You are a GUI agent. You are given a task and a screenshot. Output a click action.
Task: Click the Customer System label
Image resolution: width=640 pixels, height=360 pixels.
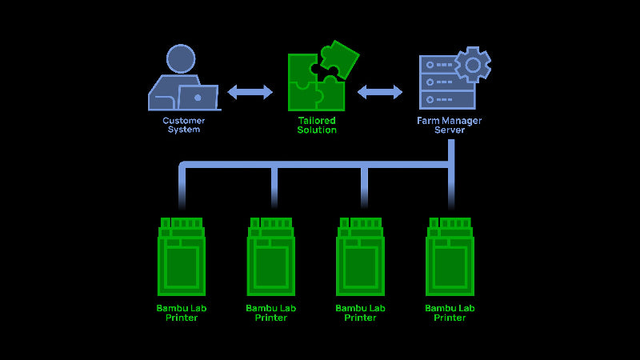point(183,125)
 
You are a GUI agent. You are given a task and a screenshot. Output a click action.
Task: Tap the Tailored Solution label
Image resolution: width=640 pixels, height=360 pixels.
point(317,125)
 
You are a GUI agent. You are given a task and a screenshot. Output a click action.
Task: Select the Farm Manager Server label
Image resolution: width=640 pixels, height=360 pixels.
point(450,125)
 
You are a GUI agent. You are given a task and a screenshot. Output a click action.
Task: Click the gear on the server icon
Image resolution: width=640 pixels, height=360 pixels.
point(472,64)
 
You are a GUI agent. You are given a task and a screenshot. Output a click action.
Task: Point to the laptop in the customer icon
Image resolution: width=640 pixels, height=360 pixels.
point(198,98)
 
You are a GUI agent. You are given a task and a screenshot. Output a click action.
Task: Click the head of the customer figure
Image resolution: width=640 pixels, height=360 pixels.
point(181,58)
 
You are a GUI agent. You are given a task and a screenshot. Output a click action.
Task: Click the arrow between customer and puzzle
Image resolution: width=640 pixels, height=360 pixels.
point(250,92)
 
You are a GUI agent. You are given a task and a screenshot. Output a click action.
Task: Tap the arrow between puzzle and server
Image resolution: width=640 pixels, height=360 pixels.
point(380,92)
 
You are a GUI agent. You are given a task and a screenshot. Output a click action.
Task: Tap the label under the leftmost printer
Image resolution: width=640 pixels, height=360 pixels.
point(182,313)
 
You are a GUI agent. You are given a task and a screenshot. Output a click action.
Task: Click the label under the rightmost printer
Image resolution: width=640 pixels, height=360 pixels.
point(450,313)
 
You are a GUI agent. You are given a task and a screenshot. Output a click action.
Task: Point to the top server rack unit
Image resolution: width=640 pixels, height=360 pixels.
point(442,62)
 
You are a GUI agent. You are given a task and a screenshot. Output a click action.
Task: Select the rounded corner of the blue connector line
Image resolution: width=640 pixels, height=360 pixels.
point(184,166)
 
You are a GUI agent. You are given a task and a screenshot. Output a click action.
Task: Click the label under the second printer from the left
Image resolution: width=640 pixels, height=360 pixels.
point(271,313)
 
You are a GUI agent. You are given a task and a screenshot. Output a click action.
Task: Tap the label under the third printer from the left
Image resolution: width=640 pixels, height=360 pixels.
point(361,313)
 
